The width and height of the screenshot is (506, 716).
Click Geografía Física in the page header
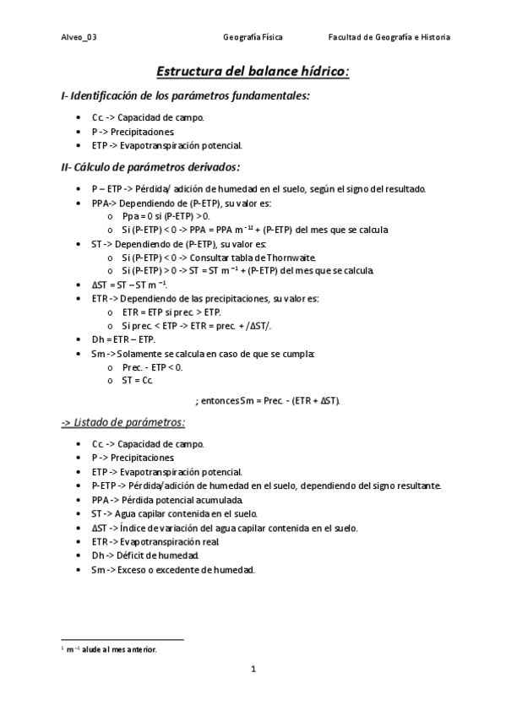(x=253, y=37)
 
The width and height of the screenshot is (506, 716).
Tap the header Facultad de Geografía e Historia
(x=389, y=37)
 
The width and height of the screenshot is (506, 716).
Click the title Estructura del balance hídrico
(x=253, y=73)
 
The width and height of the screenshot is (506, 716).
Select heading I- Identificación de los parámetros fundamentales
(x=186, y=96)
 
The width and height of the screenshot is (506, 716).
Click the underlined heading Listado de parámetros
(x=123, y=422)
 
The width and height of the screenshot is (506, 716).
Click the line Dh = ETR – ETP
(x=123, y=339)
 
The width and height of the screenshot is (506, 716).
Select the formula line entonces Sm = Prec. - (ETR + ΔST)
(x=267, y=399)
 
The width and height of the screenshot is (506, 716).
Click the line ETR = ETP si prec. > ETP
(x=171, y=312)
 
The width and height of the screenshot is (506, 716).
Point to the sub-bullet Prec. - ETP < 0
(x=152, y=366)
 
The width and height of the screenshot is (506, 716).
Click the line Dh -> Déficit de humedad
(x=145, y=556)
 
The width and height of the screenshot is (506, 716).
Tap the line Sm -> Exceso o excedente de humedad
(x=172, y=570)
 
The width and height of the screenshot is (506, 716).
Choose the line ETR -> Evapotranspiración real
(x=156, y=541)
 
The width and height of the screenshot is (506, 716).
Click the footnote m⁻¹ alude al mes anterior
(x=109, y=649)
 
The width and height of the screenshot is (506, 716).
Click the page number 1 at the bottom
(x=253, y=670)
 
